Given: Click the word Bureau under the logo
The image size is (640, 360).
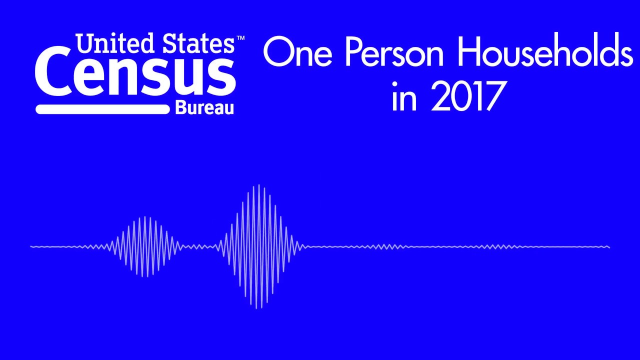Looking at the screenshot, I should pos(204,107).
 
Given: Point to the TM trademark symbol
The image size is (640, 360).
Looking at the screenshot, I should pos(240,38).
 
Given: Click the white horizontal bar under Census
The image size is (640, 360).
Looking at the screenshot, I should pos(102,109).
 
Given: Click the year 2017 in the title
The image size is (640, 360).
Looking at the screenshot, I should pos(465,97).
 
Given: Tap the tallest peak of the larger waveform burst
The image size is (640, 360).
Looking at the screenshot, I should pos(258,186).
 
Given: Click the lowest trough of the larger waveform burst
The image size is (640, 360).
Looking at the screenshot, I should pos(256,307).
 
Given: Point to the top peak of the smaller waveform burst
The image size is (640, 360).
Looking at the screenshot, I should pos(145,217).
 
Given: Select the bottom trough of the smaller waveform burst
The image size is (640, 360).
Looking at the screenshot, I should pos(145,276).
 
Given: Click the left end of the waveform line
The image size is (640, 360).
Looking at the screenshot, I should pos(31,246).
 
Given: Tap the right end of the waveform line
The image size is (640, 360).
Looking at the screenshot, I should pos(608,246).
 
